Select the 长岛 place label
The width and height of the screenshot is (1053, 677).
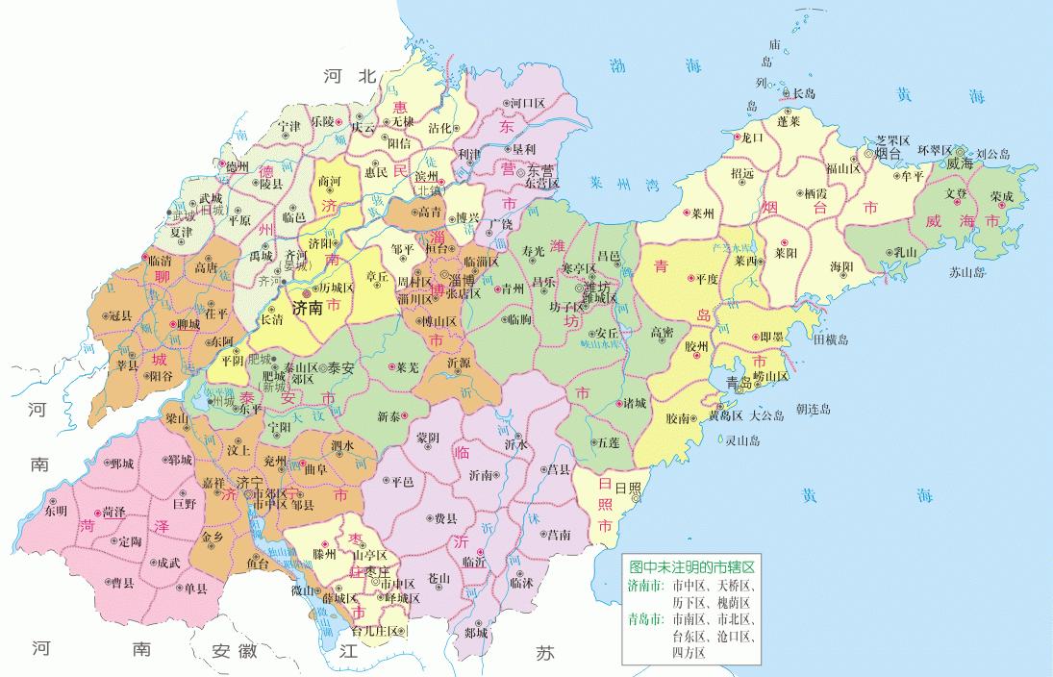click(x=803, y=93)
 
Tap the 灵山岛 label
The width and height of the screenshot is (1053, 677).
click(x=742, y=440)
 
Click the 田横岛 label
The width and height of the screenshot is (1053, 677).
click(x=830, y=339)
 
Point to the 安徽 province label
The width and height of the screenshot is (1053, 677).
click(x=235, y=650)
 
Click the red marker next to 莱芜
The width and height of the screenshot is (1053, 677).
click(x=390, y=366)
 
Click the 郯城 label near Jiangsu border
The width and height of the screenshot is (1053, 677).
click(x=475, y=633)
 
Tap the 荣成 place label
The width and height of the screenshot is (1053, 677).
click(x=1001, y=196)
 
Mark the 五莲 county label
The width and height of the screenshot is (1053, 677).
click(x=608, y=443)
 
